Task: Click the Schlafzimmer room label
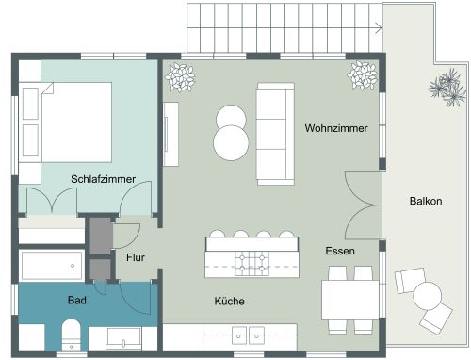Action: click(x=103, y=179)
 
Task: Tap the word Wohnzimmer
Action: click(x=335, y=127)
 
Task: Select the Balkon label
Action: click(x=427, y=202)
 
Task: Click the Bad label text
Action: click(x=77, y=301)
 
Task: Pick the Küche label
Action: click(x=230, y=302)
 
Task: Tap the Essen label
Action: click(x=339, y=252)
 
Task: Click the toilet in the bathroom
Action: click(x=71, y=335)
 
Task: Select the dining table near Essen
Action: click(x=350, y=301)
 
